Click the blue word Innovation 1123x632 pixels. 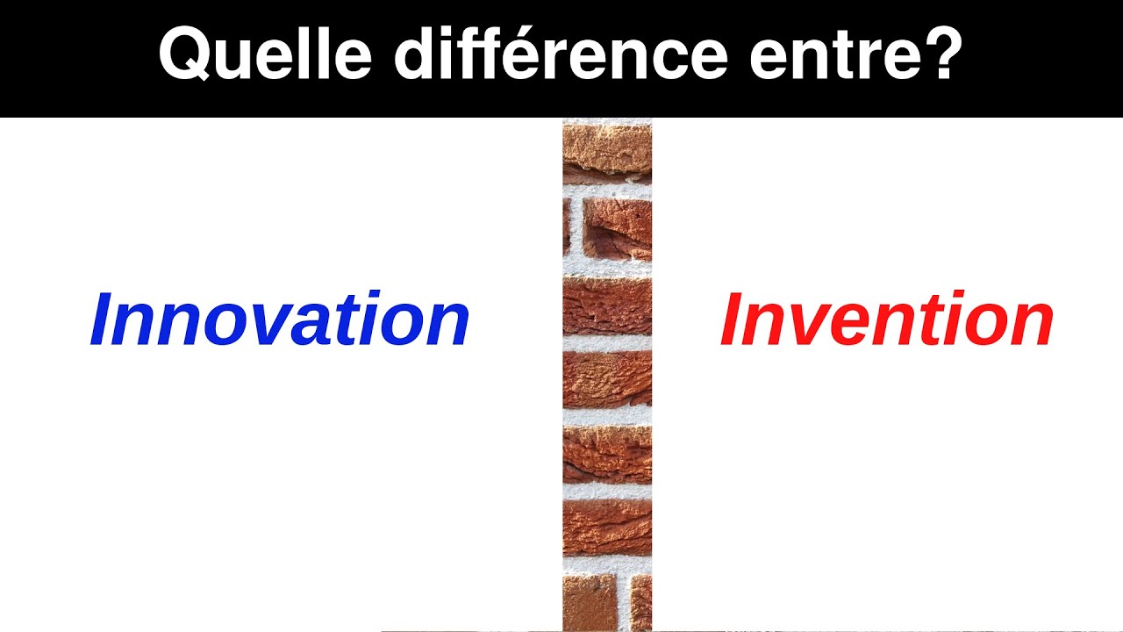[x=280, y=320]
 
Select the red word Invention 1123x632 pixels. [x=886, y=320]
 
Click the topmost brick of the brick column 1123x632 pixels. [x=607, y=151]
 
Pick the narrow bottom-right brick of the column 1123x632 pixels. [x=641, y=602]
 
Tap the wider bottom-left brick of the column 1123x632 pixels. [x=590, y=602]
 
